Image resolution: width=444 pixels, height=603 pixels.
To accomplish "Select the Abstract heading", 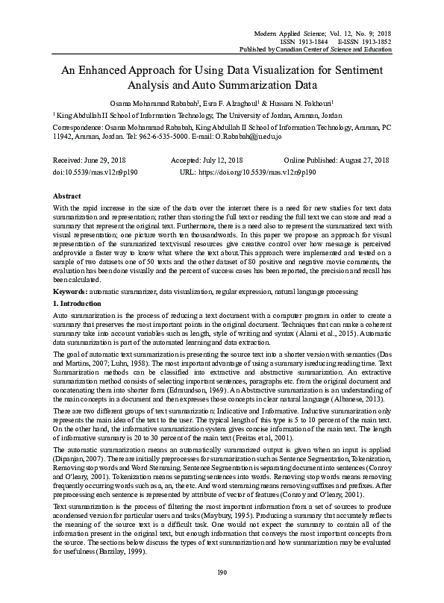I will coord(67,195).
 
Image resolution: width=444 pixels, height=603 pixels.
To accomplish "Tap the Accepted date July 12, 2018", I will coord(222,160).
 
